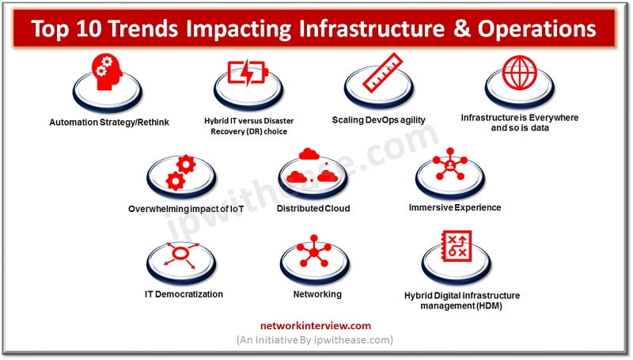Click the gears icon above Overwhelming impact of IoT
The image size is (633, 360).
point(180,172)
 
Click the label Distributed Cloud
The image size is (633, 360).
point(313,209)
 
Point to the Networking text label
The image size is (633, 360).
point(316,294)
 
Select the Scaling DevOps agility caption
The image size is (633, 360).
point(379,120)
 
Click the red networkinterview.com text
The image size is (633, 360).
point(316,325)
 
